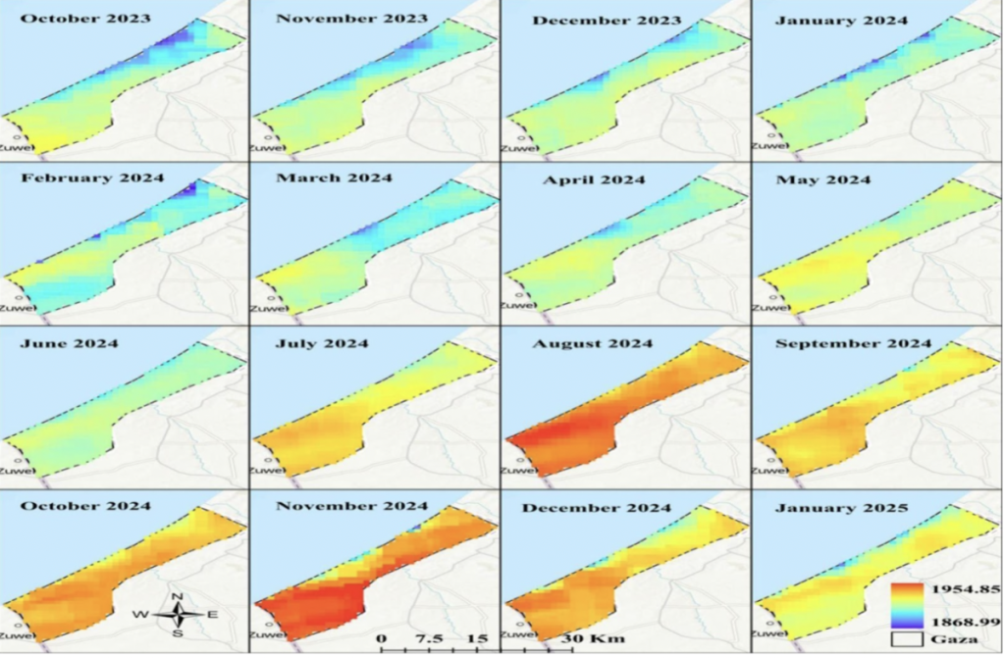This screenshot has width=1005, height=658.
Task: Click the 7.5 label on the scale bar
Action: coord(430,638)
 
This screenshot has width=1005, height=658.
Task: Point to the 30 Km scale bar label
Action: coord(581,638)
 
